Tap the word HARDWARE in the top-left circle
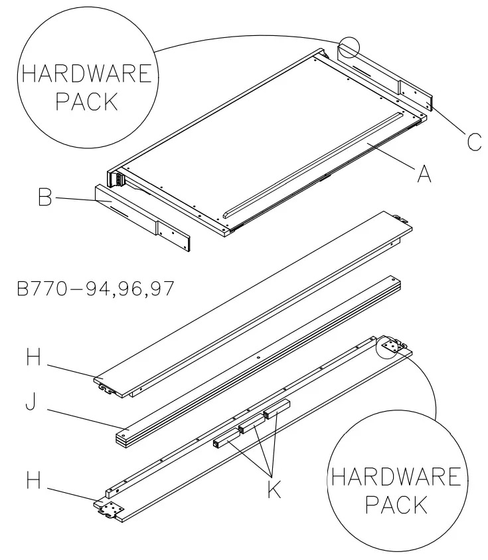pos(84,73)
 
